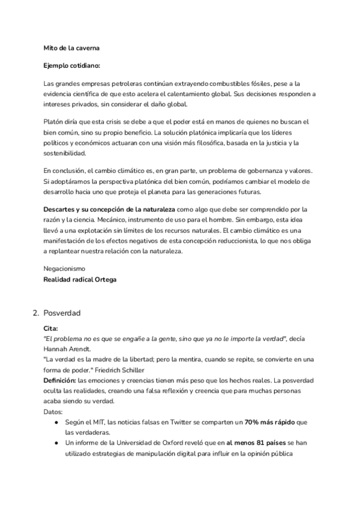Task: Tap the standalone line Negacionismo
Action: point(64,268)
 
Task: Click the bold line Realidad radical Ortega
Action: point(80,279)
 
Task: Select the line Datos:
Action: point(53,412)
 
